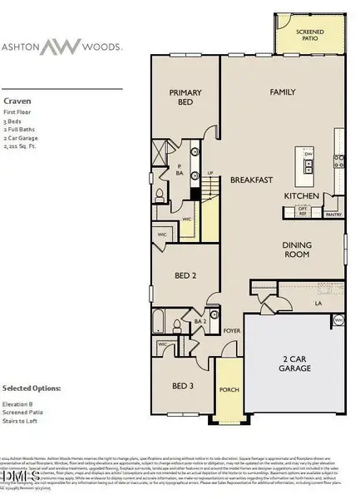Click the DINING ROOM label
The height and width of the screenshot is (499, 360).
297,249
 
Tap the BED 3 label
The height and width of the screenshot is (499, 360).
182,385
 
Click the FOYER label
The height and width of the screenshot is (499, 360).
230,329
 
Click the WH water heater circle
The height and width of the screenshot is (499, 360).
338,319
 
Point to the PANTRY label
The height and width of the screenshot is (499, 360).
333,214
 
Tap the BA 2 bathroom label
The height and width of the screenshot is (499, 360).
200,321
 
